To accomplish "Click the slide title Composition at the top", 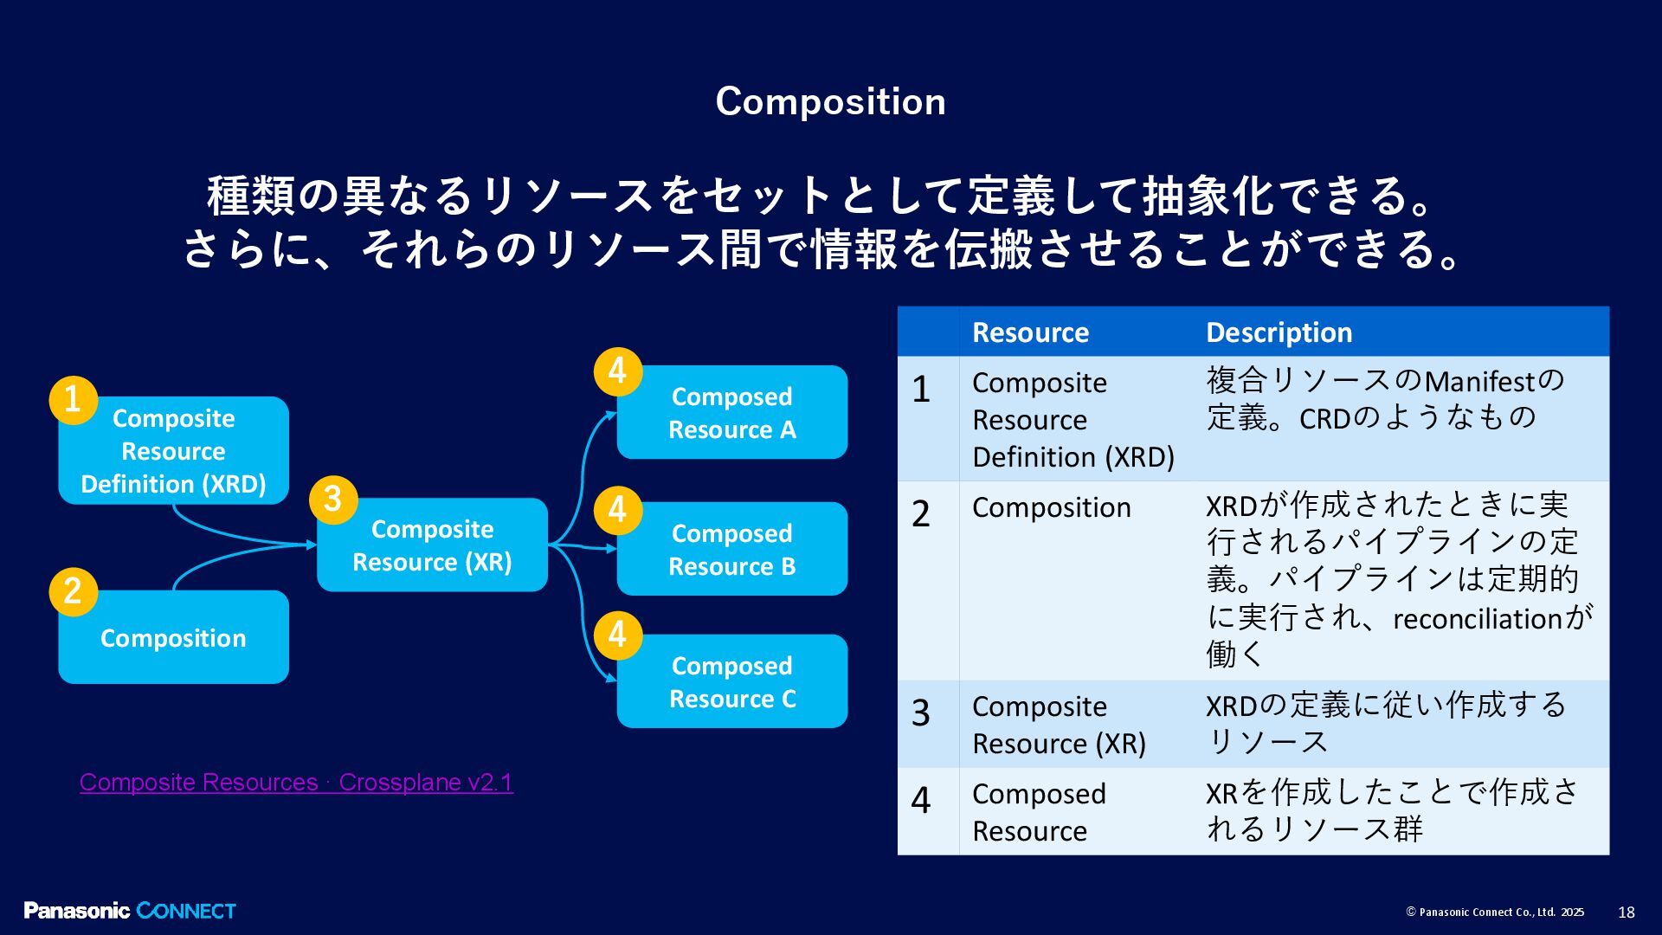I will [830, 101].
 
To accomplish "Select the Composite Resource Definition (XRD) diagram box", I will [173, 451].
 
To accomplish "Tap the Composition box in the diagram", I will [173, 638].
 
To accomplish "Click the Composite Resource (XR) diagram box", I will [432, 545].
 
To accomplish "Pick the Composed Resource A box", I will [732, 413].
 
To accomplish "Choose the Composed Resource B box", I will [732, 550].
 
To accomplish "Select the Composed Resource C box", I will [732, 682].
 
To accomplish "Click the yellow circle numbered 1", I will [73, 400].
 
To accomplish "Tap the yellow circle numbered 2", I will [73, 591].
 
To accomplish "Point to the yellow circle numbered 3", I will [332, 499].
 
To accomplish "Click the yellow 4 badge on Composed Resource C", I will [617, 635].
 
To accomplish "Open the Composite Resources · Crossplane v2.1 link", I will [296, 782].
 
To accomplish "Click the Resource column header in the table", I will [1030, 332].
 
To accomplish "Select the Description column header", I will [1279, 332].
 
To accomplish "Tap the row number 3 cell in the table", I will [921, 713].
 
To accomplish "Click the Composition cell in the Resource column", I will [1051, 507].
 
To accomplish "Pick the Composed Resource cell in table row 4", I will [1039, 812].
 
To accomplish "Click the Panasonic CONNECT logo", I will [130, 911].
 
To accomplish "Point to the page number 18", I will [1626, 912].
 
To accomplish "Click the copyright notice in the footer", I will [1495, 912].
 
